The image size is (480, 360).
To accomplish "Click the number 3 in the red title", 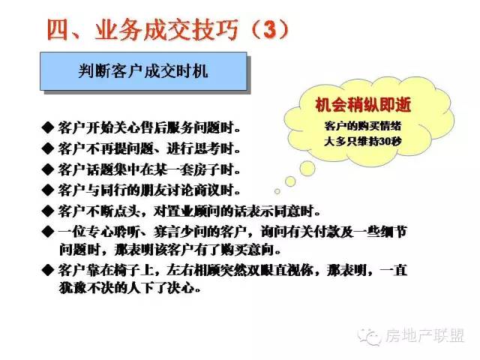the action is point(269,30).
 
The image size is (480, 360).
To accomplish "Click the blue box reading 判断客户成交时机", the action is point(143,71).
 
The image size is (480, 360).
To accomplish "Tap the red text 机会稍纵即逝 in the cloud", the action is point(363,105).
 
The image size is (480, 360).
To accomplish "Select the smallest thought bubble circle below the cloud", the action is point(277,191).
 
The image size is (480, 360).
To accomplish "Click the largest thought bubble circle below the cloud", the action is point(307,168).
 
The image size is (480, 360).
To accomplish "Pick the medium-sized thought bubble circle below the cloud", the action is point(290,181).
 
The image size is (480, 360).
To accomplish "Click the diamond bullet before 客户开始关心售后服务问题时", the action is point(48,127).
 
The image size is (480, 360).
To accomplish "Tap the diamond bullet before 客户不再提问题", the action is point(48,148).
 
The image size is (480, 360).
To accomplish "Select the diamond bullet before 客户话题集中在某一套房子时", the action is point(48,169).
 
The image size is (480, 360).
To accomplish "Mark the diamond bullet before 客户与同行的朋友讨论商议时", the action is point(48,190).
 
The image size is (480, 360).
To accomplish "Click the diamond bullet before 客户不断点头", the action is point(48,211).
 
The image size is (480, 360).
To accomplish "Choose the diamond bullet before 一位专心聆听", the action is point(48,232).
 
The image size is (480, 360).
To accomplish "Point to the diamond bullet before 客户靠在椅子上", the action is point(48,270).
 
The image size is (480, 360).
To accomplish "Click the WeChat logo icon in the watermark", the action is point(370,337).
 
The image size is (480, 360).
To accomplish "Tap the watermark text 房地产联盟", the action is point(425,335).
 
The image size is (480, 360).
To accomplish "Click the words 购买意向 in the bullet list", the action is point(246,250).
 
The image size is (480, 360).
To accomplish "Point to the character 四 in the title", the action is point(58,30).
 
